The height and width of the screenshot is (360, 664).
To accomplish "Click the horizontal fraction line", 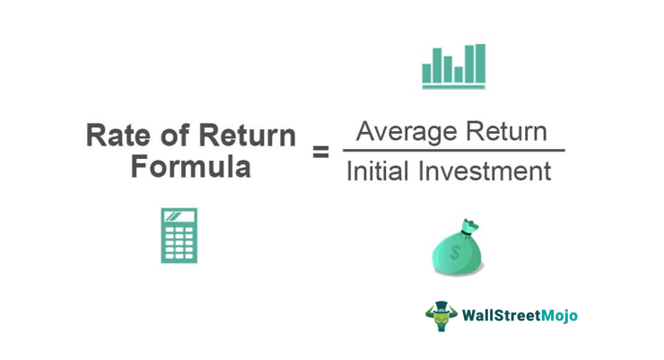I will coord(453,151).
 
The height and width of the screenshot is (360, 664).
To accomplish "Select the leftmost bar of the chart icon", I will coord(428,70).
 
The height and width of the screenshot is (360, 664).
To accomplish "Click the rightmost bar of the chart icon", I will coord(480,63).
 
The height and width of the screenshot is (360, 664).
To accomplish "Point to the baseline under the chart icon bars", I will coord(453,86).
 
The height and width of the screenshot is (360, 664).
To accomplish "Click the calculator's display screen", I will coord(179,216).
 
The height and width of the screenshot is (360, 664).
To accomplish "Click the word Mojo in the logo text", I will coord(557,316).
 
